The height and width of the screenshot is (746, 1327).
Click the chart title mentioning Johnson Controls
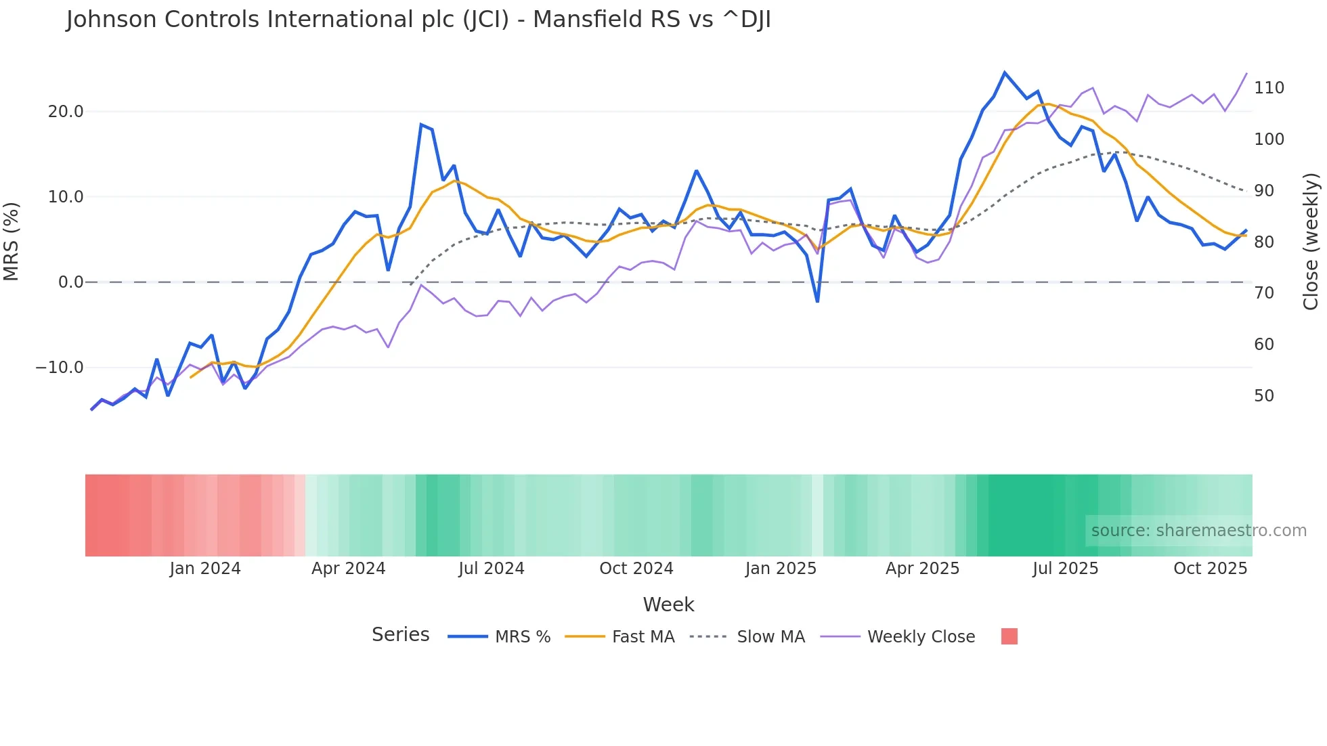click(418, 20)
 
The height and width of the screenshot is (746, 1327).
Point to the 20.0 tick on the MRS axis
click(66, 112)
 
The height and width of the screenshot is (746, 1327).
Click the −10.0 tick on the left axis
click(60, 368)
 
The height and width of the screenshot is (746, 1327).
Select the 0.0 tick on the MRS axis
click(71, 282)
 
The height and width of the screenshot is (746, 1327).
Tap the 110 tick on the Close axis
click(1269, 88)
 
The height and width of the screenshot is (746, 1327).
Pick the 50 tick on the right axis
click(1264, 396)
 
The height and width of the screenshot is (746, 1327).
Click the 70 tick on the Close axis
click(1264, 293)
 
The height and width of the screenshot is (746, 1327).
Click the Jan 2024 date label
click(205, 569)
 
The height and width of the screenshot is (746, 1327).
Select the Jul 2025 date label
click(1065, 569)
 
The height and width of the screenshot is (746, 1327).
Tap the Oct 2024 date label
click(636, 569)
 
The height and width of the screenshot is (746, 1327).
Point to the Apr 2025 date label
click(922, 569)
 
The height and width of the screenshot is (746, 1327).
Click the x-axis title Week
click(668, 605)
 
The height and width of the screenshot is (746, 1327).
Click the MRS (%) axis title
click(12, 242)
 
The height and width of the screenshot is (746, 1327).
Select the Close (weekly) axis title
click(1311, 242)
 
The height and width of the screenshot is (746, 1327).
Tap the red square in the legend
click(1009, 636)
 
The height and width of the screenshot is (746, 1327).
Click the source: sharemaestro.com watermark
click(1198, 531)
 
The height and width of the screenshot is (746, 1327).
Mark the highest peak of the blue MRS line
click(1005, 72)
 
